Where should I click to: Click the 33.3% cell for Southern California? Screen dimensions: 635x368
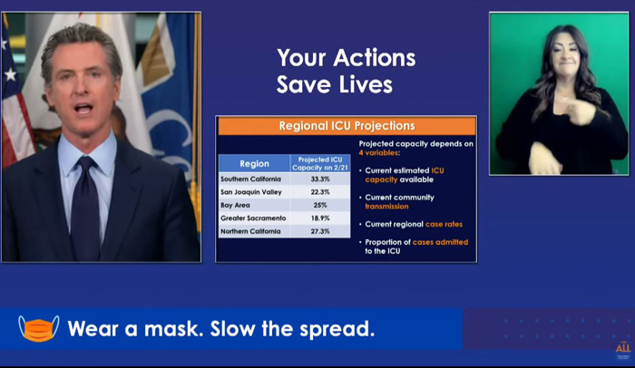[x=320, y=179]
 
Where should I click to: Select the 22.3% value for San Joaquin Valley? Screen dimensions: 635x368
[x=320, y=192]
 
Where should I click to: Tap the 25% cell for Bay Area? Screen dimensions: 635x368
[x=320, y=205]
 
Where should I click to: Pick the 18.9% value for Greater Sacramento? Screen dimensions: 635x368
[x=320, y=218]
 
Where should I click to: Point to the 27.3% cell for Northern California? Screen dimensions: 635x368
[x=320, y=231]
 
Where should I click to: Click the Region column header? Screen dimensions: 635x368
[x=254, y=163]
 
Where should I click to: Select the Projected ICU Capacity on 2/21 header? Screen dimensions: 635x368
[x=320, y=163]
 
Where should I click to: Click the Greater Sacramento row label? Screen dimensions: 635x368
[x=253, y=218]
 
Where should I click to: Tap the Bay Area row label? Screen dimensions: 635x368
[x=235, y=205]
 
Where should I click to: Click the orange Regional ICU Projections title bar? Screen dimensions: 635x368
[x=347, y=126]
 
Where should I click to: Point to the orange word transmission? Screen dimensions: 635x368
[x=386, y=207]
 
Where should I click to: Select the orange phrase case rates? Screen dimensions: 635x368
[x=444, y=224]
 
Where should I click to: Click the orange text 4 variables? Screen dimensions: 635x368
[x=379, y=152]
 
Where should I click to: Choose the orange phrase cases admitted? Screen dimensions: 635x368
[x=440, y=242]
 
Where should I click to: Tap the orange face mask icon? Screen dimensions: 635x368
[x=39, y=329]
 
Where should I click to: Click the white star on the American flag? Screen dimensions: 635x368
[x=11, y=74]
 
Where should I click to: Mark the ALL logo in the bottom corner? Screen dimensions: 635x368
[x=623, y=348]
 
